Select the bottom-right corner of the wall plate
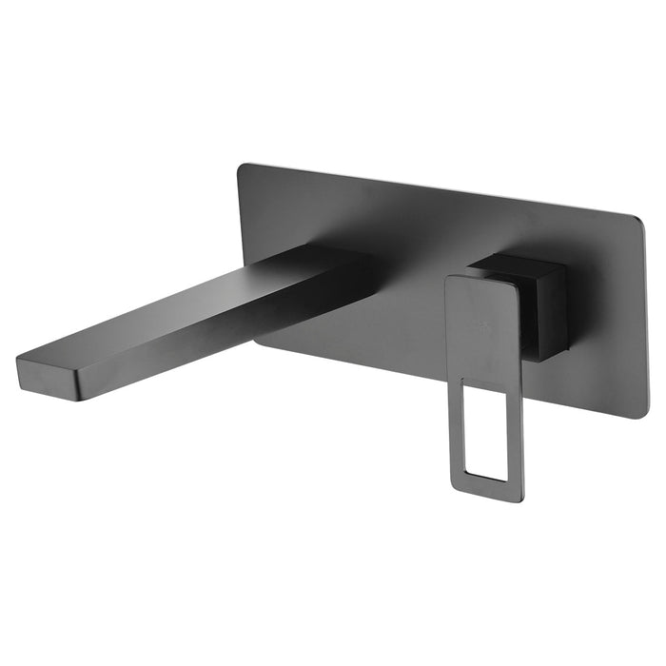pos(643,415)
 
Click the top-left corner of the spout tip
pos(18,357)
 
